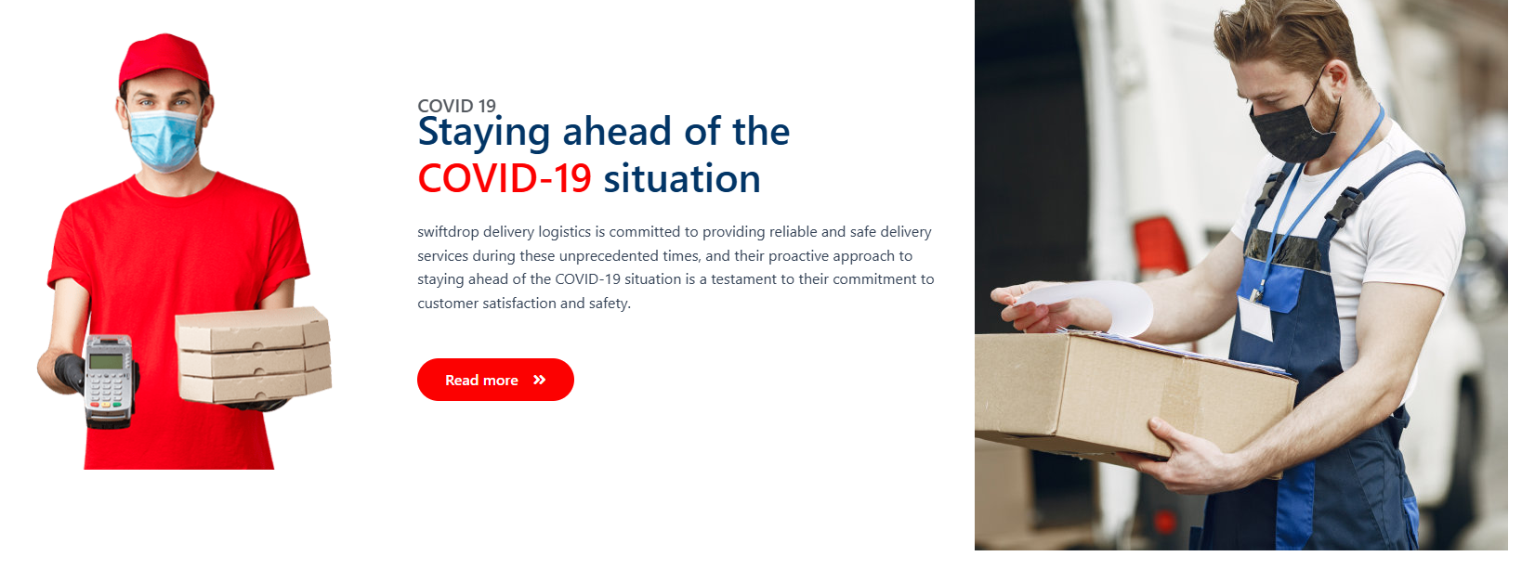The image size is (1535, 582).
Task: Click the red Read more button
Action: [x=495, y=380]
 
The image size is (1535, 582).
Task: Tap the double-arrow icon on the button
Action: [x=539, y=380]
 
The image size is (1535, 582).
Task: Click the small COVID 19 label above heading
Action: [x=456, y=106]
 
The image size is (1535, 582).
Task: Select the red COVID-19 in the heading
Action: [x=505, y=179]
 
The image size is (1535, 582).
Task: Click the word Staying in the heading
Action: [x=484, y=133]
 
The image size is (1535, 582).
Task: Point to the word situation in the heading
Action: [x=682, y=179]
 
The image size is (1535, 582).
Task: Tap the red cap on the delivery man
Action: [x=164, y=60]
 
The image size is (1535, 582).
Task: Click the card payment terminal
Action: [x=109, y=380]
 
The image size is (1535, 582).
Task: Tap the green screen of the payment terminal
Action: [x=106, y=361]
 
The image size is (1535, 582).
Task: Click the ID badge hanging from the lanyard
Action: [x=1255, y=317]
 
